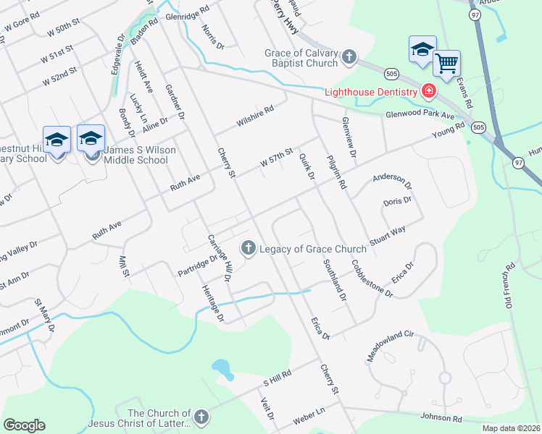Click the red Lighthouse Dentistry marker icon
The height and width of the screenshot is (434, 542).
tap(428, 91)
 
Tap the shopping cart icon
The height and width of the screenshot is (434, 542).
tap(446, 63)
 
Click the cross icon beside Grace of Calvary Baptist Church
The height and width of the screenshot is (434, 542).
tap(349, 56)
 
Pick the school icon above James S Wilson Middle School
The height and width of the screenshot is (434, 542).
tap(91, 137)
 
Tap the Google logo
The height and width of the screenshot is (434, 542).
tap(24, 425)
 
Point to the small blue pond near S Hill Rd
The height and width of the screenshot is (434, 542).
tap(223, 370)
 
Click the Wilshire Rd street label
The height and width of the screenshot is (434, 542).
tap(254, 117)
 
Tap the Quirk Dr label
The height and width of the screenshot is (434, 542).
tap(307, 169)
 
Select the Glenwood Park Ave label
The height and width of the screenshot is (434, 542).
tap(420, 115)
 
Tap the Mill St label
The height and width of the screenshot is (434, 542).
tap(121, 265)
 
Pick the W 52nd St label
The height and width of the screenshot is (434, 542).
tap(59, 76)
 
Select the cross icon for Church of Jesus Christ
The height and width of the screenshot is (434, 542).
tap(201, 417)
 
